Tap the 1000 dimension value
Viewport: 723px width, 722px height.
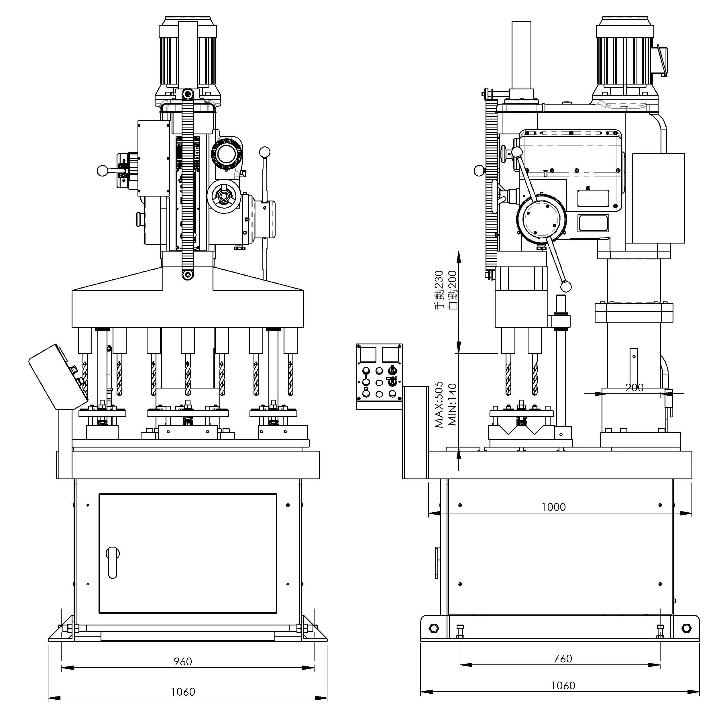(553, 507)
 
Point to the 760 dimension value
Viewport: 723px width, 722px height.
(563, 658)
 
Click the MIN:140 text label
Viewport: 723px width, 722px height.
(452, 405)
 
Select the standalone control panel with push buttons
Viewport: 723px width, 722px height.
(379, 376)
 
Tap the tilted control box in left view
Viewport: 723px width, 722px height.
(58, 376)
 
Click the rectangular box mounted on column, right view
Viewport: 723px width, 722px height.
(658, 198)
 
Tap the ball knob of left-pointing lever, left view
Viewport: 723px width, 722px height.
(101, 171)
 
